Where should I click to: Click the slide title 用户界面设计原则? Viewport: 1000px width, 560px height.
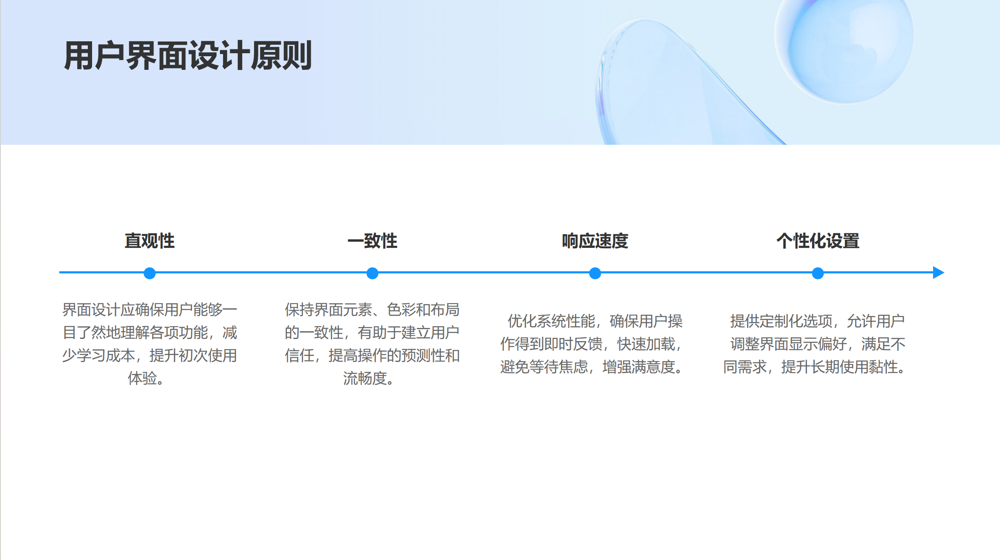click(x=188, y=55)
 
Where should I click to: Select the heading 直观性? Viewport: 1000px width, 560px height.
click(x=150, y=241)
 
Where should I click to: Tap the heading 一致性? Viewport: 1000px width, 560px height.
click(x=372, y=241)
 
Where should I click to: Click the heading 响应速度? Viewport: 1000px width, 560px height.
click(x=595, y=241)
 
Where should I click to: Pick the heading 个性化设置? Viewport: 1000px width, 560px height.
click(x=818, y=241)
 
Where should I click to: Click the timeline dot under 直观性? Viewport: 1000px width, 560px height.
click(x=150, y=273)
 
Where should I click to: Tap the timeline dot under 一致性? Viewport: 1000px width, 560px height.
click(x=372, y=273)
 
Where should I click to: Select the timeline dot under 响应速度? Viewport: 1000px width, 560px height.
click(x=595, y=273)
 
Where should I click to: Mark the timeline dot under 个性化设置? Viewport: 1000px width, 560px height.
click(x=818, y=273)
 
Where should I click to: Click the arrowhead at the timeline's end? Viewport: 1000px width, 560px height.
click(x=939, y=273)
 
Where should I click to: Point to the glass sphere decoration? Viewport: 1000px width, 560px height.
click(x=844, y=47)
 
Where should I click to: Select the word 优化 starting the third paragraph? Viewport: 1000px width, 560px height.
click(x=522, y=321)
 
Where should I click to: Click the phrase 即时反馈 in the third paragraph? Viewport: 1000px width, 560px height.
click(x=573, y=344)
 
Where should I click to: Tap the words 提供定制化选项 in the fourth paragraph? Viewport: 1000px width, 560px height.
click(x=781, y=321)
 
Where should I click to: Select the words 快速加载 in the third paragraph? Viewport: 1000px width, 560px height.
click(x=646, y=344)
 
